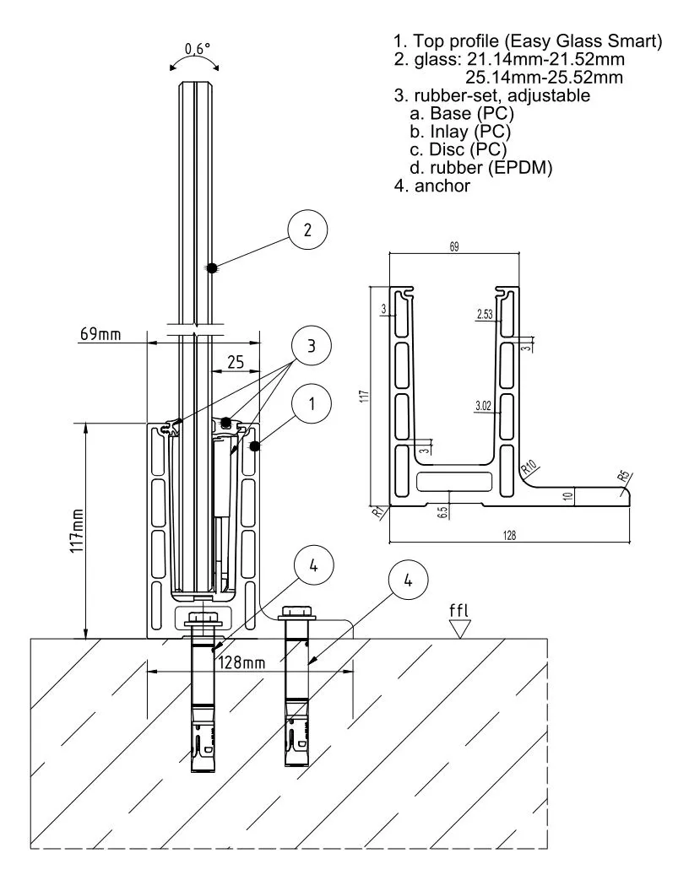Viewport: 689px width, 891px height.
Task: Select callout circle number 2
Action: (x=307, y=229)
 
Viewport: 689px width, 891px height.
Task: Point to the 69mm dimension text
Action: (x=100, y=334)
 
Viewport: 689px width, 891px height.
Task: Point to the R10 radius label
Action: (x=529, y=466)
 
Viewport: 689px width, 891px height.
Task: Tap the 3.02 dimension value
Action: (x=484, y=407)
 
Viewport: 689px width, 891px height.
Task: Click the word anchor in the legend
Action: (x=442, y=186)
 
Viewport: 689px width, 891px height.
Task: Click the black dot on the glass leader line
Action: (x=212, y=267)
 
